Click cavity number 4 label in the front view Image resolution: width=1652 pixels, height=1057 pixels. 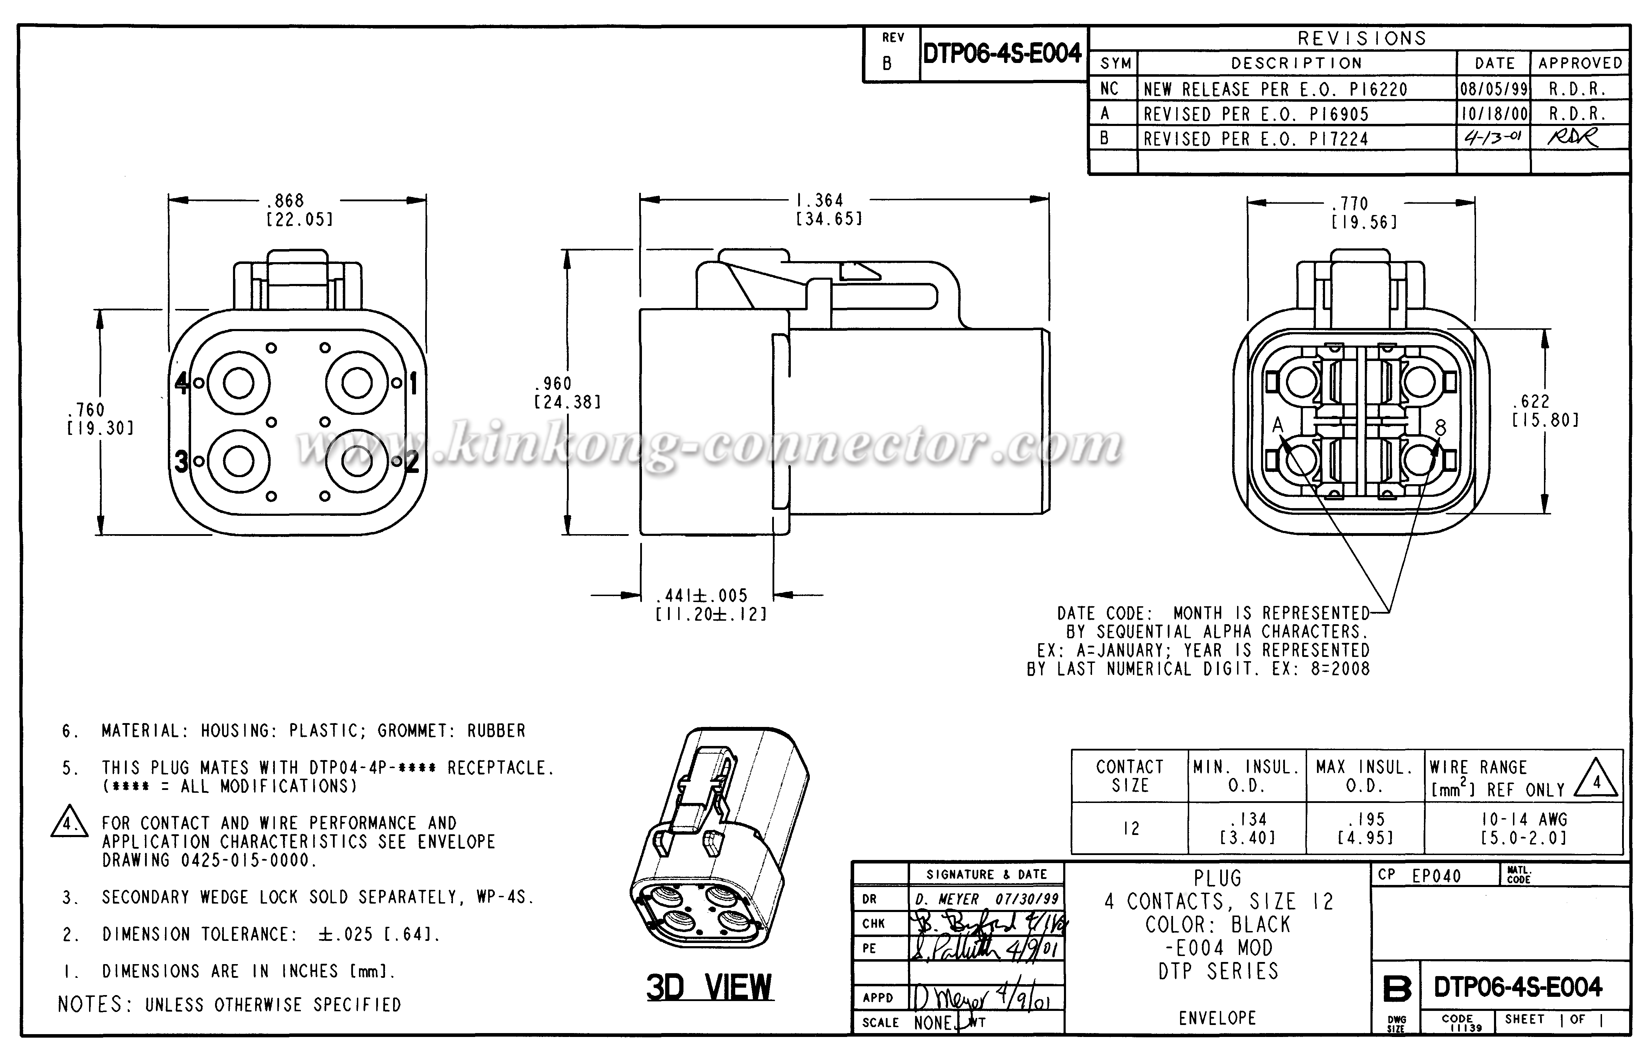181,383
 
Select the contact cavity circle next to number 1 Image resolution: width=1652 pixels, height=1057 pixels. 357,383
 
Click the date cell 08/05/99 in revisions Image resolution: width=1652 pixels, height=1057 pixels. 1494,89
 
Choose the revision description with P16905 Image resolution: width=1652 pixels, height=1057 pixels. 1256,114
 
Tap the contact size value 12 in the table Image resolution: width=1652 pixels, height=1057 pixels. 1130,828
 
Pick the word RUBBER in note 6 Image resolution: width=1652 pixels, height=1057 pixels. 496,731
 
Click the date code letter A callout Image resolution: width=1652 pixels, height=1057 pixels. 1277,425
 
